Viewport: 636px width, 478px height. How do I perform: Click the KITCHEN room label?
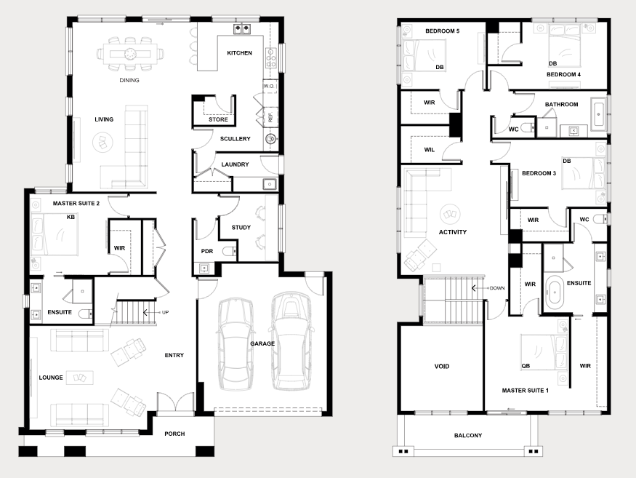click(x=239, y=53)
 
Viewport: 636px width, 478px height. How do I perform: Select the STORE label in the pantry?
click(x=218, y=119)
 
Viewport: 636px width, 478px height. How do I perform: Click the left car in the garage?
click(x=235, y=344)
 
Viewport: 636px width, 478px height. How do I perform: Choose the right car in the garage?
click(x=291, y=341)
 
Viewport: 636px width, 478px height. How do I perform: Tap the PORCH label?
click(x=174, y=434)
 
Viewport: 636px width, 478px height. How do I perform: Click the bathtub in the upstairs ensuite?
click(x=554, y=292)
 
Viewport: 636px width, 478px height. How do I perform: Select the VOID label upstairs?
click(x=442, y=366)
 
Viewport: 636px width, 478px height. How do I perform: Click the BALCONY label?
click(x=468, y=435)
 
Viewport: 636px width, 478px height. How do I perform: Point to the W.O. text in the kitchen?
click(x=269, y=86)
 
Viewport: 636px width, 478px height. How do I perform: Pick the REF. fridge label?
click(x=270, y=117)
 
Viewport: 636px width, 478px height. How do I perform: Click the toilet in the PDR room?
click(x=229, y=252)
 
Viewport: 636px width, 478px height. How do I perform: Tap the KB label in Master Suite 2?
click(x=71, y=218)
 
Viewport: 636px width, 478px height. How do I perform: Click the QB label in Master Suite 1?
click(x=526, y=366)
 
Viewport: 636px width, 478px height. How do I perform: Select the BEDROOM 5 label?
click(x=442, y=31)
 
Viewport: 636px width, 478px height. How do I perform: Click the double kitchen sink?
click(x=242, y=28)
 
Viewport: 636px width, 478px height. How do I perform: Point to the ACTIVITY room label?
click(x=453, y=232)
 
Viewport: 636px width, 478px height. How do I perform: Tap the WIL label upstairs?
click(x=429, y=150)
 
